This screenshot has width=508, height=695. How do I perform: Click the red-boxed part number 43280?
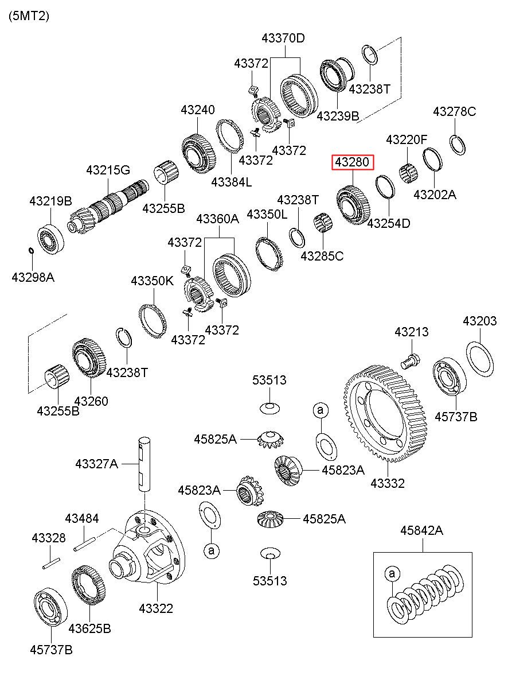click(x=353, y=162)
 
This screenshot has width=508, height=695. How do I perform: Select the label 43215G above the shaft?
click(x=108, y=170)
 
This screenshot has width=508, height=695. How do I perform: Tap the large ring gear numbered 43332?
click(x=385, y=414)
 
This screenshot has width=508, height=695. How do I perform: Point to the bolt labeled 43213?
click(x=410, y=361)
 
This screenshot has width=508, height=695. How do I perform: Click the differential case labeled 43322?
click(x=147, y=552)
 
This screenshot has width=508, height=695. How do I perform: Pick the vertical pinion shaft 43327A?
click(x=144, y=464)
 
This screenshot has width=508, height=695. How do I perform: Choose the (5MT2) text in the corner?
click(x=29, y=16)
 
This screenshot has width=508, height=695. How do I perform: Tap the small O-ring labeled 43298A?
click(x=31, y=250)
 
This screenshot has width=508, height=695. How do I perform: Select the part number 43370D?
click(x=283, y=38)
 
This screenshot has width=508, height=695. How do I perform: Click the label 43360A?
click(x=217, y=219)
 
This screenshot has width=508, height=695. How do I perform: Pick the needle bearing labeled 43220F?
click(x=408, y=174)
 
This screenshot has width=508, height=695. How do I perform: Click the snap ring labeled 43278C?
click(x=458, y=145)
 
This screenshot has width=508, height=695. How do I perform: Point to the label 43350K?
click(x=152, y=281)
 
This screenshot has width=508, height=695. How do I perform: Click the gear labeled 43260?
click(x=89, y=358)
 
